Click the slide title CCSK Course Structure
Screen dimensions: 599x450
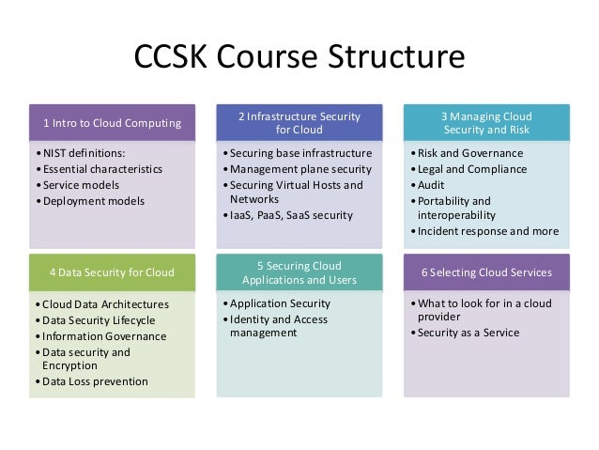299,57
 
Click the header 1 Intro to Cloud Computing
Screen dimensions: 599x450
112,123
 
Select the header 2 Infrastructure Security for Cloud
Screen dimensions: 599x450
299,123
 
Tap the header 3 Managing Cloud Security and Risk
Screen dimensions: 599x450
485,123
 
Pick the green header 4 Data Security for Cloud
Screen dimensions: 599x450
112,272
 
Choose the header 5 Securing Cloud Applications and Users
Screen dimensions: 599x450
299,272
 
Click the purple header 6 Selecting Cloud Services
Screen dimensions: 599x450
485,272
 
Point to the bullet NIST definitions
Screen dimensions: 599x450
84,153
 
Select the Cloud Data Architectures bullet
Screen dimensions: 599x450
102,304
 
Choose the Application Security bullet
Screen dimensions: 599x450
280,303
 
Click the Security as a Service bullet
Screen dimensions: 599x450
468,333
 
